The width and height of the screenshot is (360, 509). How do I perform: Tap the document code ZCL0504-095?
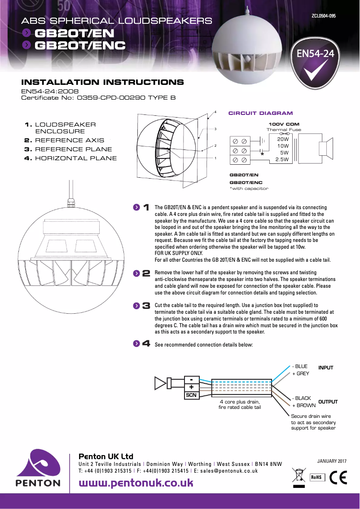tap(323, 16)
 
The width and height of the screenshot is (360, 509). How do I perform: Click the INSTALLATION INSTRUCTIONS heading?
tap(102, 82)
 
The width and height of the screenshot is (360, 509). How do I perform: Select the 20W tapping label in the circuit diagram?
tap(283, 139)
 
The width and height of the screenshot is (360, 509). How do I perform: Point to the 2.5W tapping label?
tap(282, 159)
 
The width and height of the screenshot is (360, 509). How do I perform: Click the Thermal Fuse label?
tap(284, 129)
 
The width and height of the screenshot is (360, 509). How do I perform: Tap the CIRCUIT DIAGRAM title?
tap(260, 113)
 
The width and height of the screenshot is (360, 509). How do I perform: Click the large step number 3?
tap(146, 306)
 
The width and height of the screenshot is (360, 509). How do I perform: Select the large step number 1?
tap(146, 207)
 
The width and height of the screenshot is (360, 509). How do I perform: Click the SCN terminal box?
tap(191, 395)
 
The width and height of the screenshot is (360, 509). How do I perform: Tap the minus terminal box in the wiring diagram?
tap(191, 379)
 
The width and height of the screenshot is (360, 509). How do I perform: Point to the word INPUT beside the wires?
tap(326, 368)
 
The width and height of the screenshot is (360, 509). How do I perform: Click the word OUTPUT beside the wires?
tap(328, 402)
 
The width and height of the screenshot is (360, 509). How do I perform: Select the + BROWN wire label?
tap(304, 405)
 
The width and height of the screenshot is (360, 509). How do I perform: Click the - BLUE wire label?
tap(300, 366)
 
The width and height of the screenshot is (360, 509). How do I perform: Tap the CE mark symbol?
tap(338, 477)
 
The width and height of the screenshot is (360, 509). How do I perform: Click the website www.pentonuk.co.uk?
tap(136, 483)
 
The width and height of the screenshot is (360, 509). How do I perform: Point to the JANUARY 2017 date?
tap(332, 461)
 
